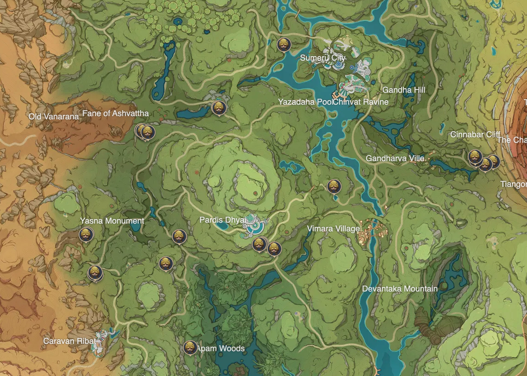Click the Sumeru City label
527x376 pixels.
click(322, 58)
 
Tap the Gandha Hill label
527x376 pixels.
click(403, 90)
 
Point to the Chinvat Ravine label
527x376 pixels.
click(361, 102)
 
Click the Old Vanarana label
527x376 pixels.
click(54, 117)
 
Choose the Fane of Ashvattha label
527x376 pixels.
click(115, 113)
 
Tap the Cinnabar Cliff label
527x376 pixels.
click(475, 135)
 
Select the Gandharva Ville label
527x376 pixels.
click(395, 158)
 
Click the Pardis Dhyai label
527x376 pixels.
click(222, 220)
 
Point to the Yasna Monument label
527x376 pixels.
click(112, 221)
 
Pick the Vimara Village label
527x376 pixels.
click(333, 229)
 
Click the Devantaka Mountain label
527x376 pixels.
click(400, 289)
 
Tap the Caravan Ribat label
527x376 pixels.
click(69, 341)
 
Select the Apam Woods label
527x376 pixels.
click(221, 348)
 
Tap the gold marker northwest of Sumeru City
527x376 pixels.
click(284, 44)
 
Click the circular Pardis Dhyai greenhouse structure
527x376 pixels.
click(254, 224)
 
